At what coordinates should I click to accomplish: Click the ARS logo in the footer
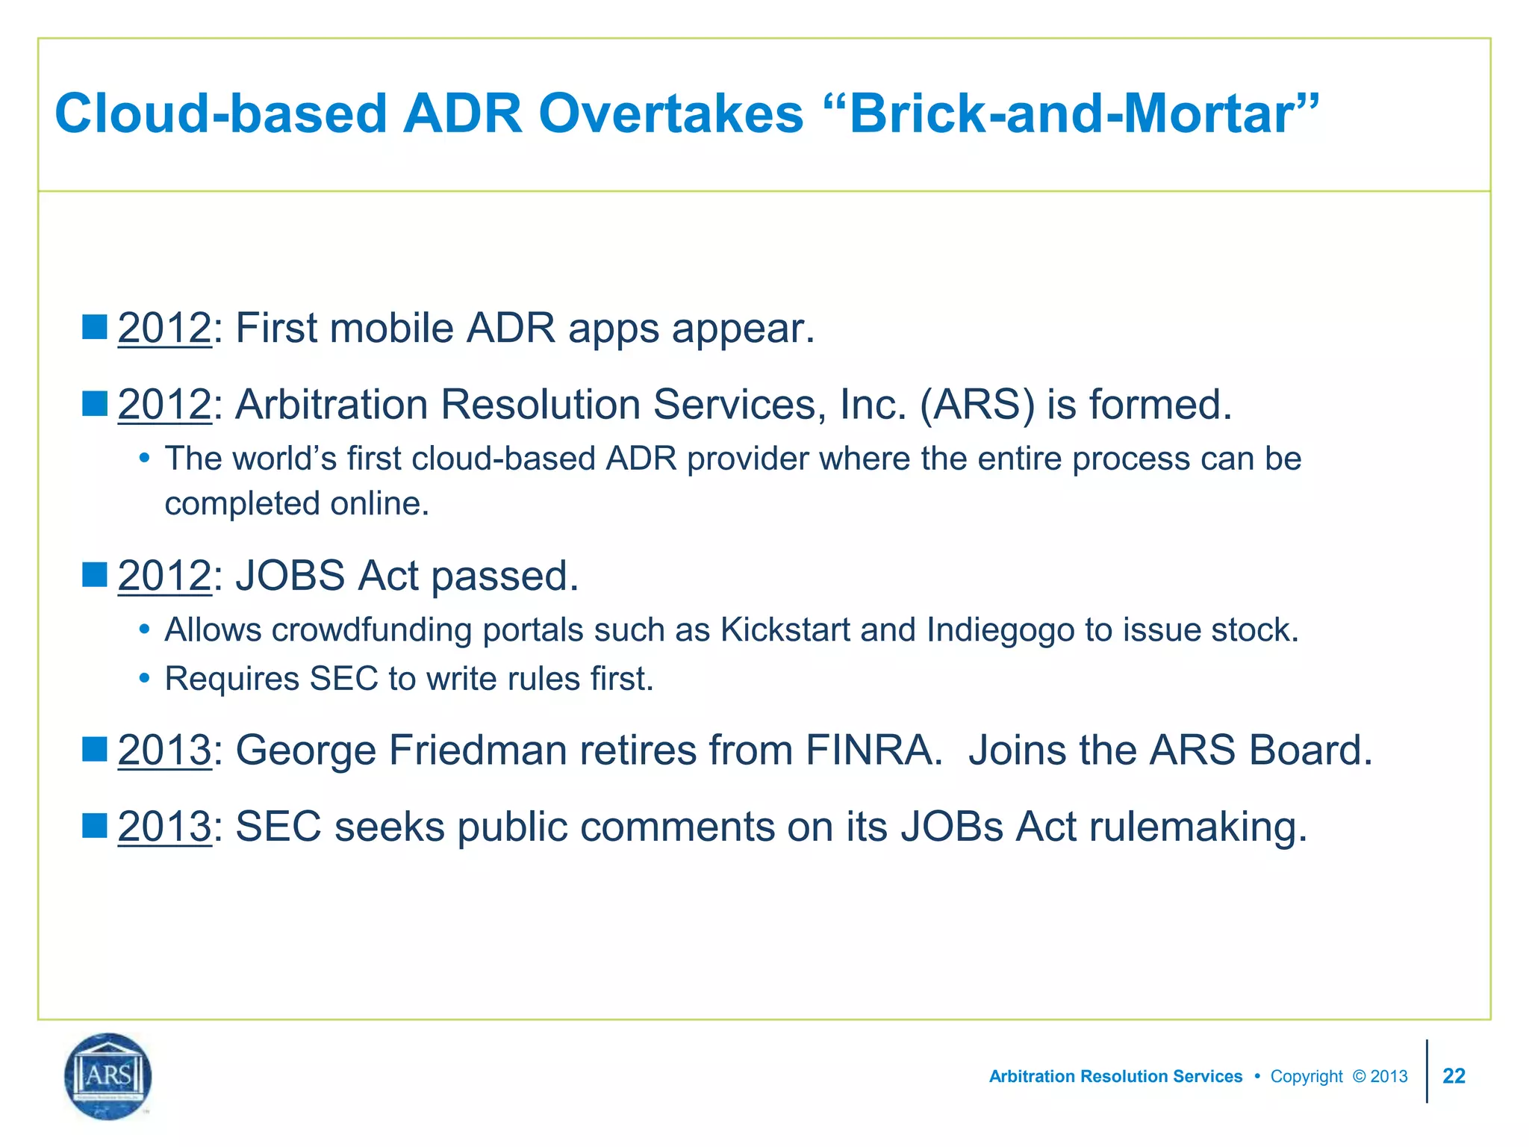[108, 1076]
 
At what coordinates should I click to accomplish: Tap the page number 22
[1453, 1076]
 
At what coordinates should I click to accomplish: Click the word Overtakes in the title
[670, 114]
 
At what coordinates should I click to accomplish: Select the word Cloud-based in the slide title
[220, 114]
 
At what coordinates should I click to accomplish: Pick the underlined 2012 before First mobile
[164, 329]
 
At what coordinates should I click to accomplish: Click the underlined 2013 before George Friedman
[164, 750]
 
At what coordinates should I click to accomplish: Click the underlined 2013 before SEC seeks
[164, 827]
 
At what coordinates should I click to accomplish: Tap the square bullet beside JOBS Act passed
[95, 575]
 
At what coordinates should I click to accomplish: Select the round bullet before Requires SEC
[145, 679]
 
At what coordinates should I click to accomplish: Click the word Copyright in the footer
[1306, 1076]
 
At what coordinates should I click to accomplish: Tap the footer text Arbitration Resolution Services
[1115, 1076]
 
